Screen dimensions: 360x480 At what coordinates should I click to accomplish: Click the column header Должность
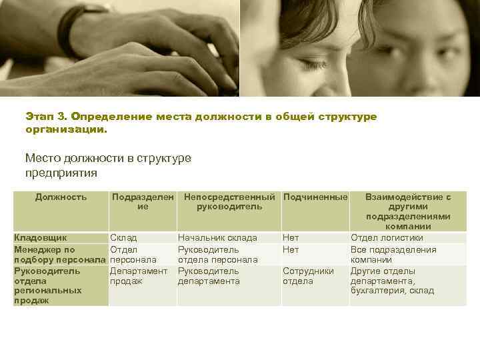tap(61, 197)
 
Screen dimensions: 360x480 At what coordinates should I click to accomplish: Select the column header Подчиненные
tap(315, 197)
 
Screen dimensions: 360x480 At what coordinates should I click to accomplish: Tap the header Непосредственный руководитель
tap(229, 202)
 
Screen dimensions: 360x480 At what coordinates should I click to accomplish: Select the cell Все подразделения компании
tap(393, 254)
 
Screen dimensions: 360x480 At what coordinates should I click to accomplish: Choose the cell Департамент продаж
tap(139, 276)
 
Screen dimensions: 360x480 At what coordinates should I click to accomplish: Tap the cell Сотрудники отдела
tap(307, 276)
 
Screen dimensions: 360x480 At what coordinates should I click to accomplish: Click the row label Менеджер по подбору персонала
tap(59, 254)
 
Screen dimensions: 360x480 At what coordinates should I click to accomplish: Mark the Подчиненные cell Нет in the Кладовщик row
tap(291, 237)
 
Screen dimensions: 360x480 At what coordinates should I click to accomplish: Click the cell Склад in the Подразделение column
tap(123, 237)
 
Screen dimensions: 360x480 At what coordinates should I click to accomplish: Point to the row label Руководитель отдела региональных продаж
tap(48, 286)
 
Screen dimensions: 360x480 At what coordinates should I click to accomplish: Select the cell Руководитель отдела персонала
tap(217, 254)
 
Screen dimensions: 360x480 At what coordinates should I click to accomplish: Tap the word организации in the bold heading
tap(65, 129)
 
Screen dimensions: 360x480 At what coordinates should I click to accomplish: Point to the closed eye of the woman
tap(308, 65)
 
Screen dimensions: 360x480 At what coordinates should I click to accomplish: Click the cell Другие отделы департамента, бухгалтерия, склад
tap(392, 281)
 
